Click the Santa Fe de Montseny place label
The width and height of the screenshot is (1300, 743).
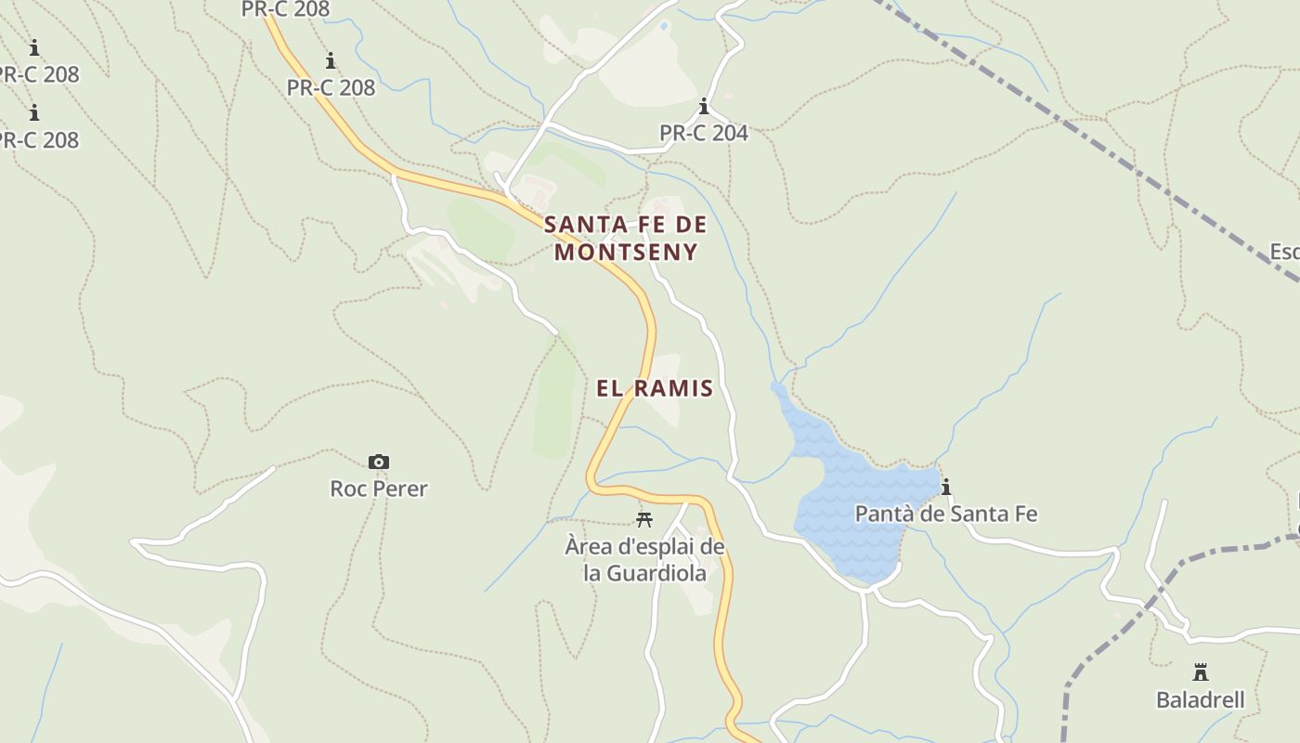[x=625, y=238]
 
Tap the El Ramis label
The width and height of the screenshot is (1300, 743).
[x=655, y=388]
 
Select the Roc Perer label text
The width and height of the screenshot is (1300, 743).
[x=379, y=489]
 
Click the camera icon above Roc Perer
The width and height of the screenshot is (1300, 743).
[x=379, y=462]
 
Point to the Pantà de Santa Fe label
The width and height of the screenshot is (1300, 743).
[x=945, y=514]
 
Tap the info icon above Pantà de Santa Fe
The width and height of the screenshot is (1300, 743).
[x=946, y=487]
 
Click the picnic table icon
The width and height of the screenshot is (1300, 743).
[x=644, y=519]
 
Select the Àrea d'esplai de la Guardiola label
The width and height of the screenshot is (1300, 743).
[x=644, y=560]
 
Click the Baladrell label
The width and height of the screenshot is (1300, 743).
[x=1200, y=699]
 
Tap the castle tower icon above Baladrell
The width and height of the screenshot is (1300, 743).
[x=1200, y=671]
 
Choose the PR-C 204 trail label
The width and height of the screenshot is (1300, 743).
[x=703, y=133]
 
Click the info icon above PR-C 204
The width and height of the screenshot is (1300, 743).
[x=704, y=106]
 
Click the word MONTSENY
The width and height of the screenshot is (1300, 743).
[x=626, y=252]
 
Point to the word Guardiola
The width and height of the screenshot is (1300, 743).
[x=656, y=573]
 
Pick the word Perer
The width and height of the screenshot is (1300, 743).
[x=400, y=489]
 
